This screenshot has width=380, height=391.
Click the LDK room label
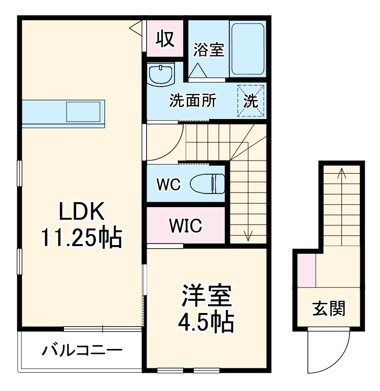pyautogui.click(x=81, y=212)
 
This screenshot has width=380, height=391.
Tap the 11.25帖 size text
pyautogui.click(x=81, y=237)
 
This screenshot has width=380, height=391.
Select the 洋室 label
pyautogui.click(x=207, y=297)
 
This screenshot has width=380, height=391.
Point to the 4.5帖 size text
pyautogui.click(x=207, y=322)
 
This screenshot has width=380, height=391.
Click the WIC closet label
pyautogui.click(x=186, y=226)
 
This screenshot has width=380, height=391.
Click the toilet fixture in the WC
pyautogui.click(x=208, y=183)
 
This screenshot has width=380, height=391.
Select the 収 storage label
pyautogui.click(x=165, y=37)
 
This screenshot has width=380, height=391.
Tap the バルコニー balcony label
pyautogui.click(x=81, y=350)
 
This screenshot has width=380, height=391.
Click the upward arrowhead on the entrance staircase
pyautogui.click(x=342, y=172)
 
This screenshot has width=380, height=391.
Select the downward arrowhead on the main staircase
pyautogui.click(x=248, y=236)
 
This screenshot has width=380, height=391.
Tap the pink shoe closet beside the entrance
pyautogui.click(x=306, y=270)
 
